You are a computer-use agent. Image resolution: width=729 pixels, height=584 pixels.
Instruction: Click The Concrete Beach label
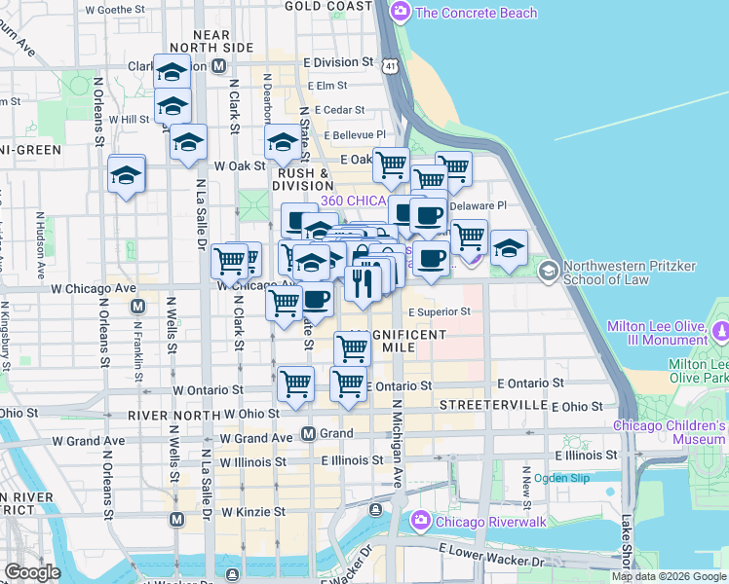(476, 13)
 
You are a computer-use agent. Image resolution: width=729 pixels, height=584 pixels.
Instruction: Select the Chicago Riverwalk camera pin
(421, 521)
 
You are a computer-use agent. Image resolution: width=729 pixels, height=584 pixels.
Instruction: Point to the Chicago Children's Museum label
(670, 433)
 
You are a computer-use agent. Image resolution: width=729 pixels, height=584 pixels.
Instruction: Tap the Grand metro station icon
(308, 433)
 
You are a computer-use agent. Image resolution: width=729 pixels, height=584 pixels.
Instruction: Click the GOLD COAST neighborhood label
(329, 6)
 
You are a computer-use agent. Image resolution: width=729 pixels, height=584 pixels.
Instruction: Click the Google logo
(32, 572)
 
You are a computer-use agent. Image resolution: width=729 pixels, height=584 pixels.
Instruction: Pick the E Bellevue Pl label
(356, 135)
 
